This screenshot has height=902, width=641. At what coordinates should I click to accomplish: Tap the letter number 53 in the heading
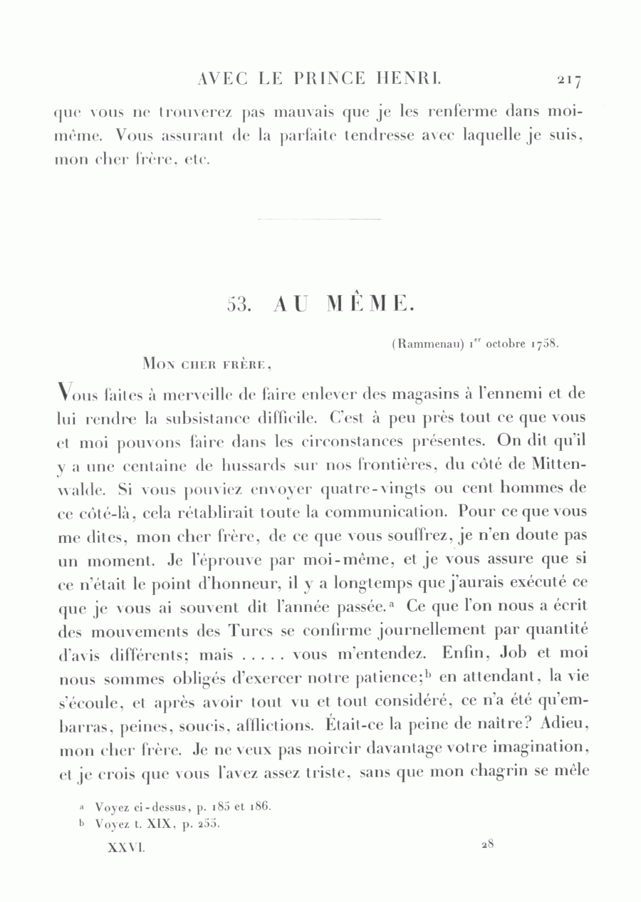(236, 304)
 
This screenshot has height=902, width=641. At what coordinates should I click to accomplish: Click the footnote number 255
(211, 825)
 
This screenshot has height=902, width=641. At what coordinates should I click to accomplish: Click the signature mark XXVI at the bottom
(125, 847)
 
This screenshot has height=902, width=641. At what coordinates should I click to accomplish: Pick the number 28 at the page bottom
(487, 846)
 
